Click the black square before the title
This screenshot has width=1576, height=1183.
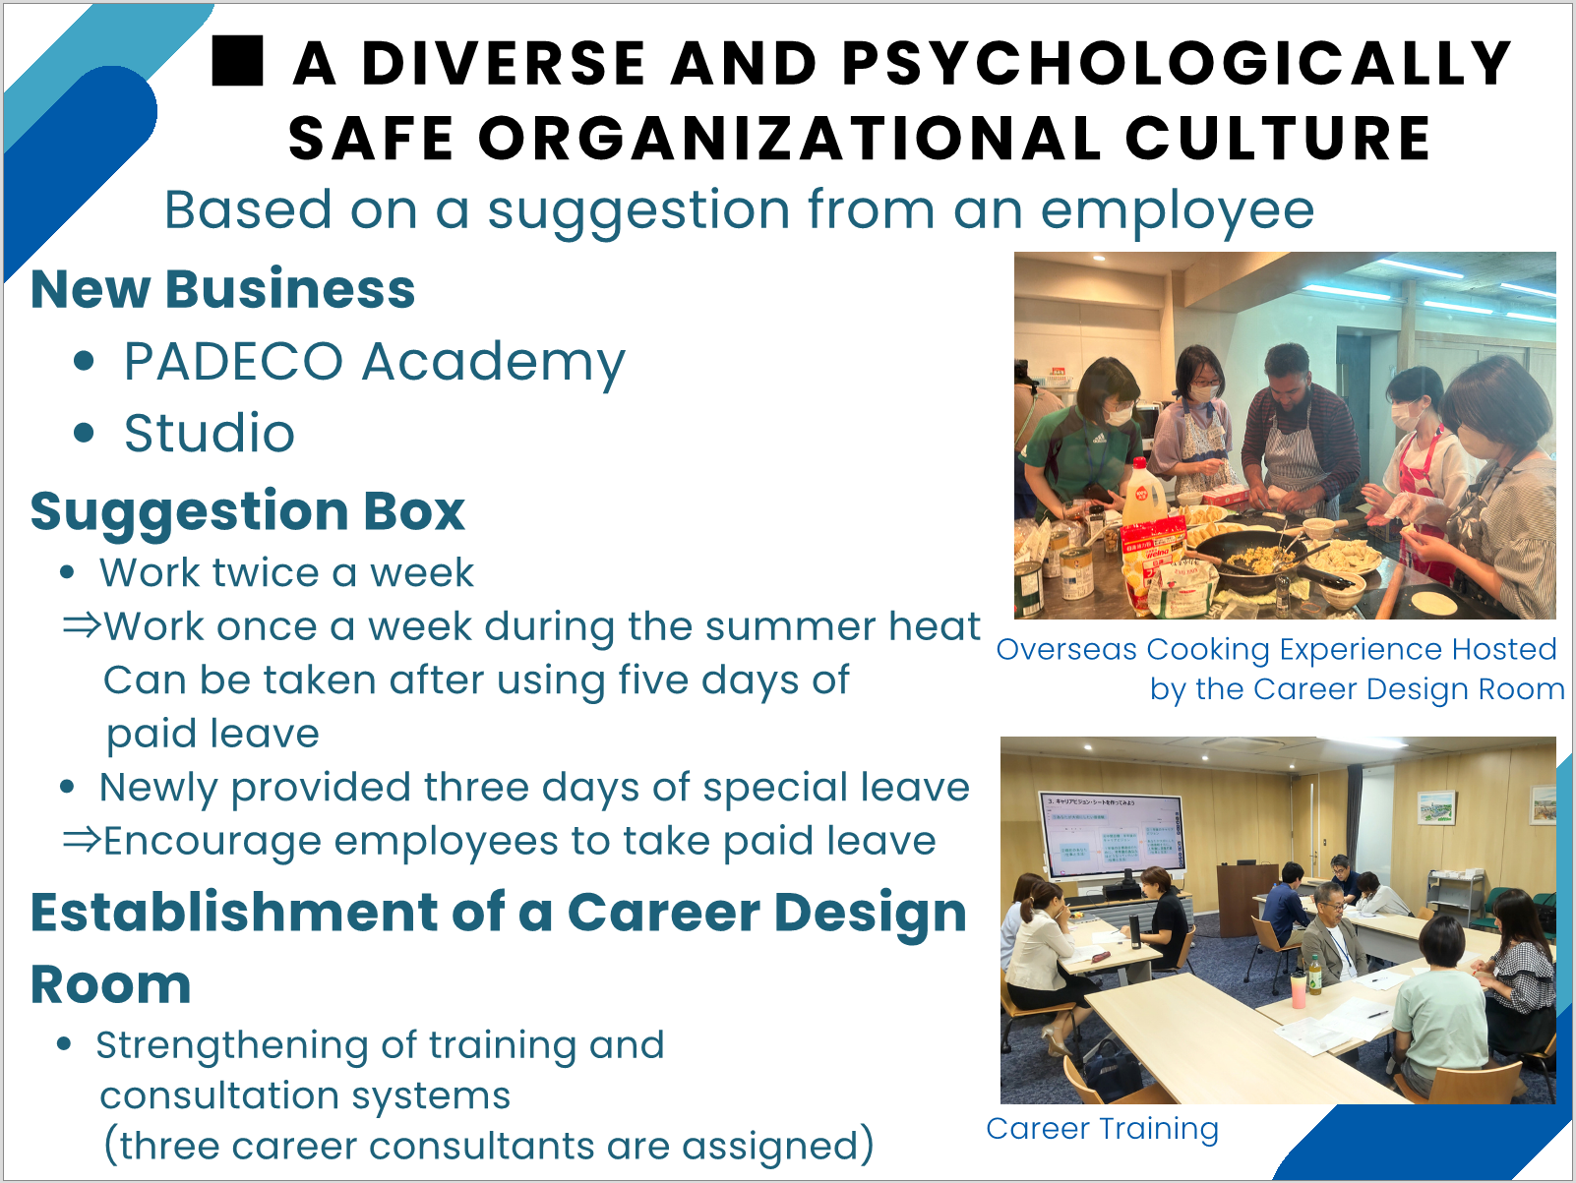click(x=238, y=62)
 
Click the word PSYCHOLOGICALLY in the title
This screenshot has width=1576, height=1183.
click(x=1178, y=63)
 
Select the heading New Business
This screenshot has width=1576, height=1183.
click(x=222, y=289)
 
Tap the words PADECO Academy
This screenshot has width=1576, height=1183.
click(x=374, y=362)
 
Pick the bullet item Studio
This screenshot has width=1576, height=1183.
click(x=209, y=434)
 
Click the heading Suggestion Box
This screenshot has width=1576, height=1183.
click(x=248, y=512)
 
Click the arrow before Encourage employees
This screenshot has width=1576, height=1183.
click(x=82, y=840)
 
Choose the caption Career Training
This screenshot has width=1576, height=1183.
click(x=1102, y=1129)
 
